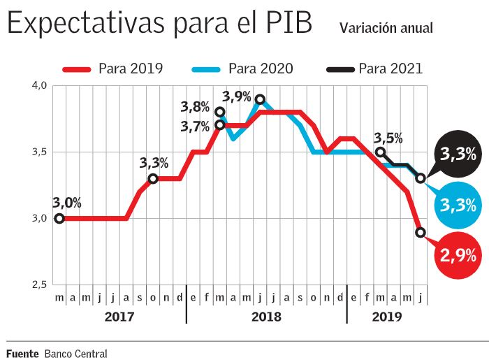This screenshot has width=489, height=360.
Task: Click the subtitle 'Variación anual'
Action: (x=386, y=28)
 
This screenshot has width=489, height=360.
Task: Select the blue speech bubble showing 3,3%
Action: (x=458, y=206)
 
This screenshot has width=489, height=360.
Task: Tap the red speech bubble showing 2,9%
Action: (x=458, y=256)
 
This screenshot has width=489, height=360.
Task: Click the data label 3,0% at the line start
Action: (x=67, y=203)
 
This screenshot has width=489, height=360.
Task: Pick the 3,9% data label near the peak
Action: (x=237, y=97)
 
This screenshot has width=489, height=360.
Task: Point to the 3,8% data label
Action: (x=195, y=107)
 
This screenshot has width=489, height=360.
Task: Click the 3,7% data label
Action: (x=195, y=127)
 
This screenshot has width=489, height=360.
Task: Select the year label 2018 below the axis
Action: (x=266, y=317)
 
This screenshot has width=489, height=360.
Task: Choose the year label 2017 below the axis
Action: (x=119, y=317)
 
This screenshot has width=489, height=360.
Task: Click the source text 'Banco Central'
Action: (x=75, y=353)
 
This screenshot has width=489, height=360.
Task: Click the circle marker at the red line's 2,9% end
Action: (x=421, y=232)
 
